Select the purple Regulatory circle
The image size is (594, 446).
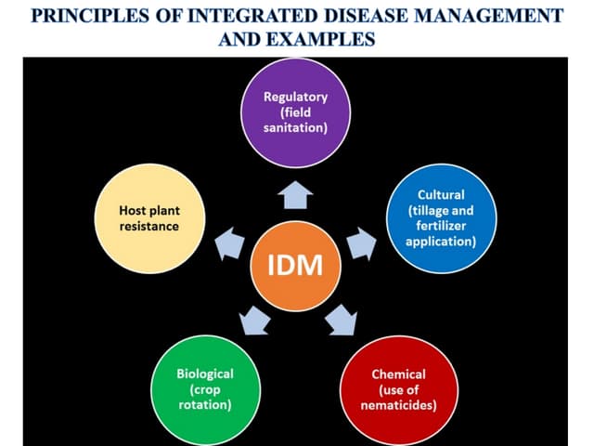[296, 111]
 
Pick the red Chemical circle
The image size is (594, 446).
[398, 388]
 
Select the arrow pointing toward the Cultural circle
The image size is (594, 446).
[361, 245]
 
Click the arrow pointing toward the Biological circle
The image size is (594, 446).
[254, 320]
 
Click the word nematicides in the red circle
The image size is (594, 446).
[399, 405]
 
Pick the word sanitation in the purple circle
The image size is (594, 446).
[296, 127]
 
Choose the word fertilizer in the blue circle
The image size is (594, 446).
[441, 226]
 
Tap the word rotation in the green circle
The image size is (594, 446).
[205, 405]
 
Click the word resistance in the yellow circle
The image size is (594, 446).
[149, 226]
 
